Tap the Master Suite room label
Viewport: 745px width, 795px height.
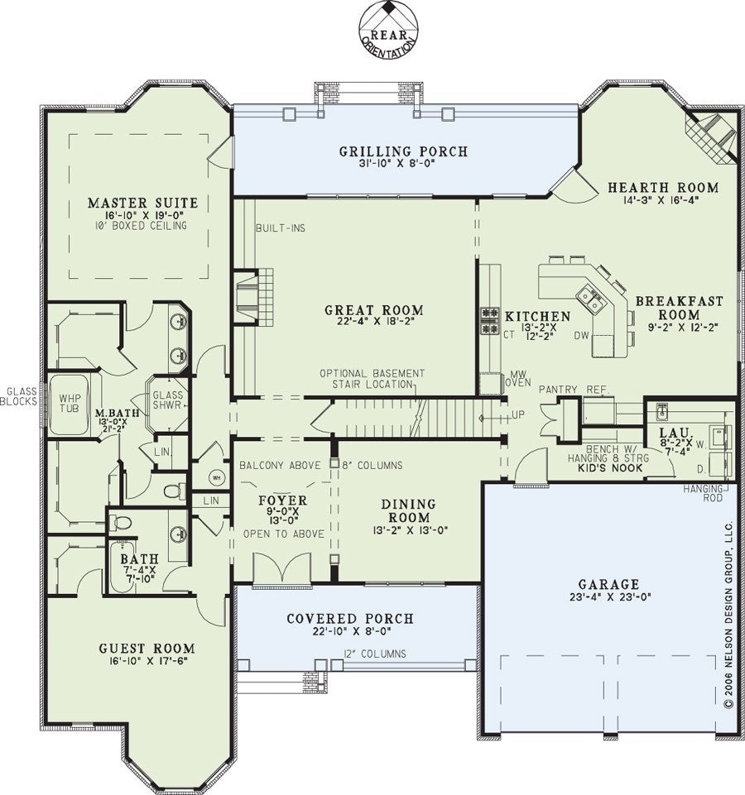point(143,204)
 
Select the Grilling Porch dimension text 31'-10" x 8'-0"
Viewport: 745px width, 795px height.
point(403,164)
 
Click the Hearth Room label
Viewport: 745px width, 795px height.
point(664,188)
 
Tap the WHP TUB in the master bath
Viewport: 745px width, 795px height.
point(70,404)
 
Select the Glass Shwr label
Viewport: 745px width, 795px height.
point(167,400)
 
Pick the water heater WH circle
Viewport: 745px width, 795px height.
point(216,477)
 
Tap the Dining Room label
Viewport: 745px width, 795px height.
point(409,511)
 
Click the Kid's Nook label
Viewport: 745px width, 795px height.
point(611,468)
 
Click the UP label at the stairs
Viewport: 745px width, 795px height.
point(518,414)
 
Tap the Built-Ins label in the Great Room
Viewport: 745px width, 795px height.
point(281,228)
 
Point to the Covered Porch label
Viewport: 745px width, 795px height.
point(350,619)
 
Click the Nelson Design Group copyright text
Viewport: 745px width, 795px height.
point(729,614)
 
